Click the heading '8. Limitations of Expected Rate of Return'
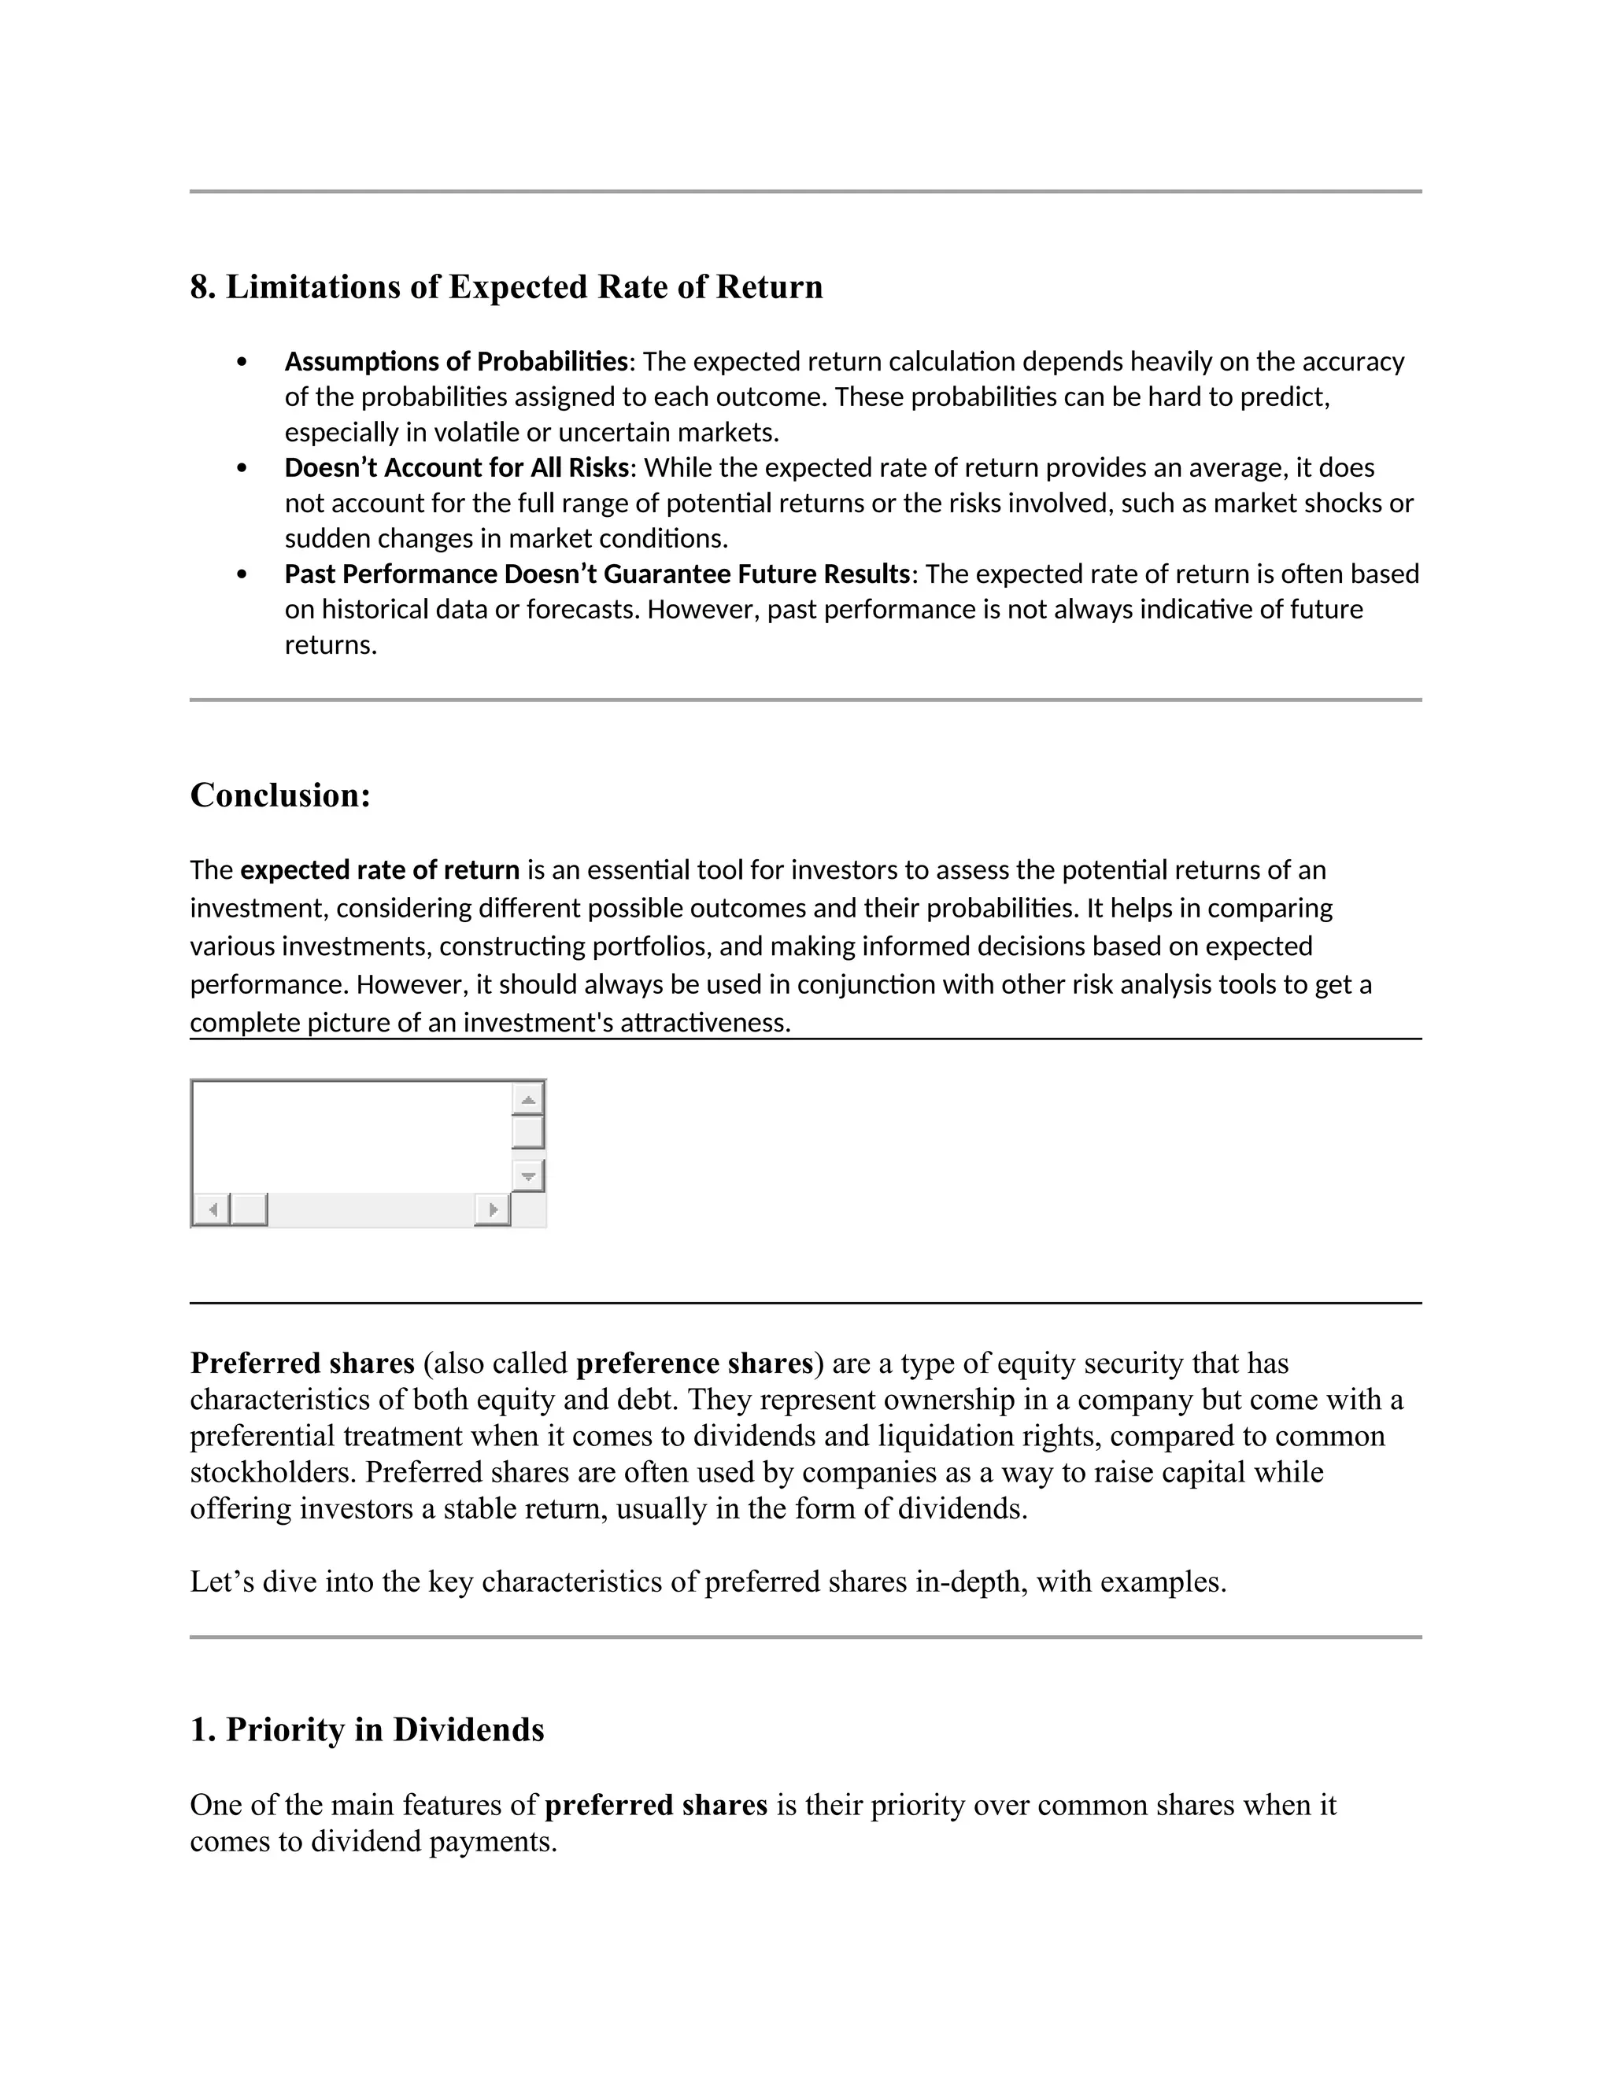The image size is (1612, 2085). (506, 287)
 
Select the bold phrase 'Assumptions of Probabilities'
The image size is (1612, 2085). (457, 362)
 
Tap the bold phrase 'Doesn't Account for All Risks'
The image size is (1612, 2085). (457, 468)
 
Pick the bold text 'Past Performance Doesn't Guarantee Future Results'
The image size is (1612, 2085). (597, 574)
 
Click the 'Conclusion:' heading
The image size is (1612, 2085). (279, 795)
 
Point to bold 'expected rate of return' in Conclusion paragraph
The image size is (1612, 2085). (380, 869)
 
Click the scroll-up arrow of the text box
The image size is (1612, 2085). (528, 1099)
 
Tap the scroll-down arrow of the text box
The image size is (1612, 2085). (528, 1176)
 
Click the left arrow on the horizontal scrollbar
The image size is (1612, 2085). (212, 1209)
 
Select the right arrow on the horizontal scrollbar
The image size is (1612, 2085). (492, 1209)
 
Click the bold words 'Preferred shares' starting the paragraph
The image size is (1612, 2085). (301, 1364)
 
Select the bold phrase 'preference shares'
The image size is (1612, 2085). (693, 1364)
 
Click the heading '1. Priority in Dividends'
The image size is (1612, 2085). (367, 1730)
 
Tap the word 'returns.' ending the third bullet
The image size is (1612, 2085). (331, 645)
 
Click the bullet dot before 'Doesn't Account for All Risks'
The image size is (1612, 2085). (242, 469)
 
